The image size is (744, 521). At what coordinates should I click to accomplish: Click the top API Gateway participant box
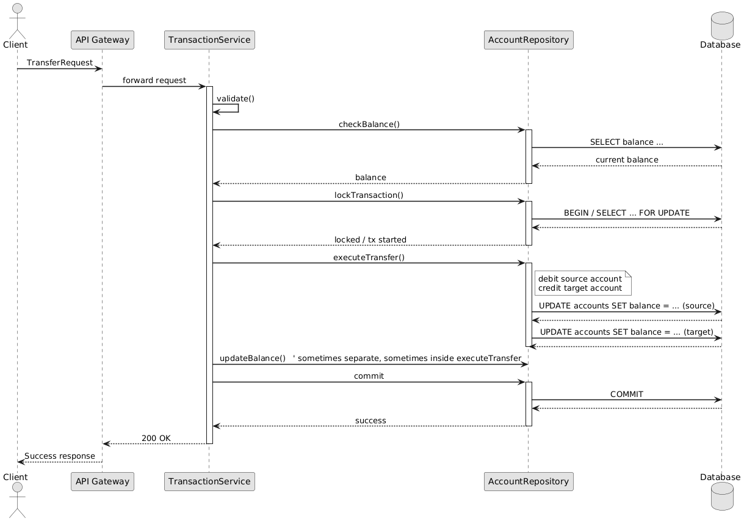(x=102, y=40)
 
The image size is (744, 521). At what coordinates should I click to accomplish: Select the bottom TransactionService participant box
(x=209, y=481)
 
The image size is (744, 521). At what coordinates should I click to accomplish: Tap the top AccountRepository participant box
(x=528, y=40)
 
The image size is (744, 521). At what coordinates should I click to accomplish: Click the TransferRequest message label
(x=59, y=63)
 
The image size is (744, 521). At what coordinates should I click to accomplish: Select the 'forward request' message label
(x=154, y=81)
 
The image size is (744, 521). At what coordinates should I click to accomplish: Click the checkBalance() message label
(x=369, y=124)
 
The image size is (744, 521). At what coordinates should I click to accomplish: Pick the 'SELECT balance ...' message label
(x=626, y=142)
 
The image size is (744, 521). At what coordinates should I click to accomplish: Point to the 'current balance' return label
(x=627, y=159)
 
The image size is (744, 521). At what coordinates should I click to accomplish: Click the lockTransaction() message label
(x=369, y=195)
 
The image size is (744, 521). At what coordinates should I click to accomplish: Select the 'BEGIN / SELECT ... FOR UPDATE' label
(x=626, y=213)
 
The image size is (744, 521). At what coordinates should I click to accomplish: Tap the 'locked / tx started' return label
(x=370, y=239)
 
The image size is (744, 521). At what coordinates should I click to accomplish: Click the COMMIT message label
(x=626, y=394)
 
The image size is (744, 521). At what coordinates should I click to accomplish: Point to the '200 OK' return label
(x=156, y=438)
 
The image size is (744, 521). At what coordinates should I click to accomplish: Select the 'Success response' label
(x=60, y=456)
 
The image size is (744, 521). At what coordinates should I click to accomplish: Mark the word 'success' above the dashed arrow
(x=370, y=420)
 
